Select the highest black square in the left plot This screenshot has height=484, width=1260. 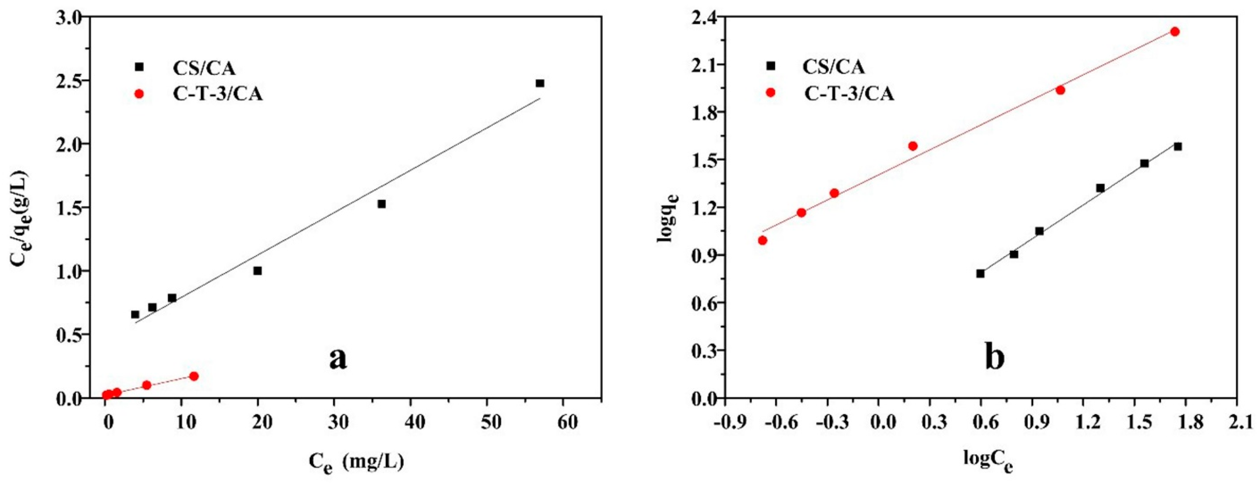(x=540, y=83)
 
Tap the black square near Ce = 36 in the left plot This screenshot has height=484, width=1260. (x=382, y=204)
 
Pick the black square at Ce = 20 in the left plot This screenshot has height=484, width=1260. (x=258, y=270)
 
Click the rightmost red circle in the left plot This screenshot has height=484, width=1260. (x=194, y=376)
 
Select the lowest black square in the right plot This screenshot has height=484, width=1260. (x=981, y=273)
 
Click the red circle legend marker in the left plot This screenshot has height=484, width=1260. (x=139, y=94)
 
